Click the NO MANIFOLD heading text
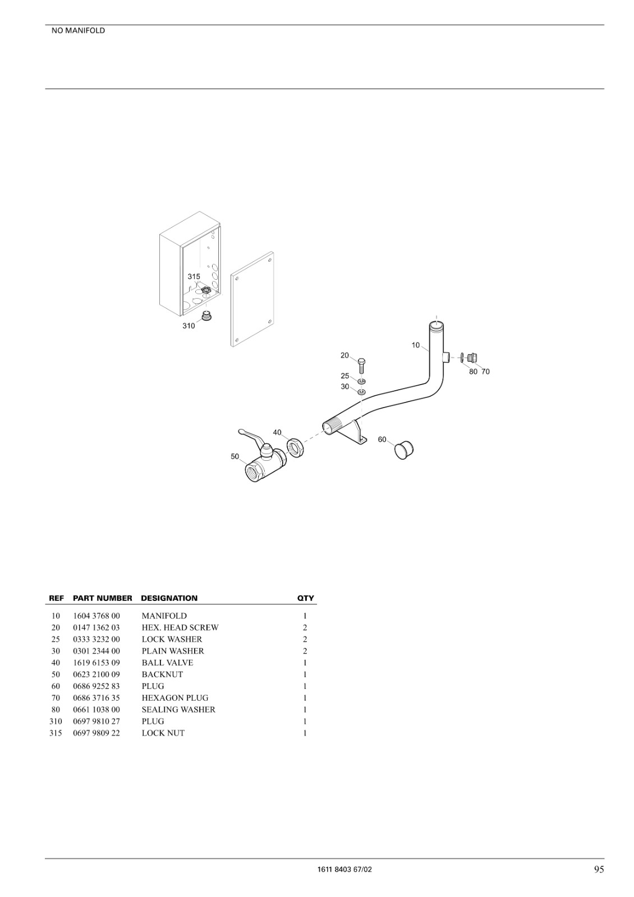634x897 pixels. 78,31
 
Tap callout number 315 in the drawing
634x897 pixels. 194,277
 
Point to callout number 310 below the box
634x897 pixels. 189,326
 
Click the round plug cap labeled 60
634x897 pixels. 403,451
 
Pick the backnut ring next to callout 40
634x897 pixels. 295,449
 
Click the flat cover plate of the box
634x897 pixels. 252,299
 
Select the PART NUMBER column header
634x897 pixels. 103,598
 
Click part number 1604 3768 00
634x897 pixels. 97,616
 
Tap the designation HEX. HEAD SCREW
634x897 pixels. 180,627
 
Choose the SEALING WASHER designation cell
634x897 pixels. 179,710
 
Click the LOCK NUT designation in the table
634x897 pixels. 163,733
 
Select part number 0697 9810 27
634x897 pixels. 97,722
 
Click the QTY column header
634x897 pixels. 305,598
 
